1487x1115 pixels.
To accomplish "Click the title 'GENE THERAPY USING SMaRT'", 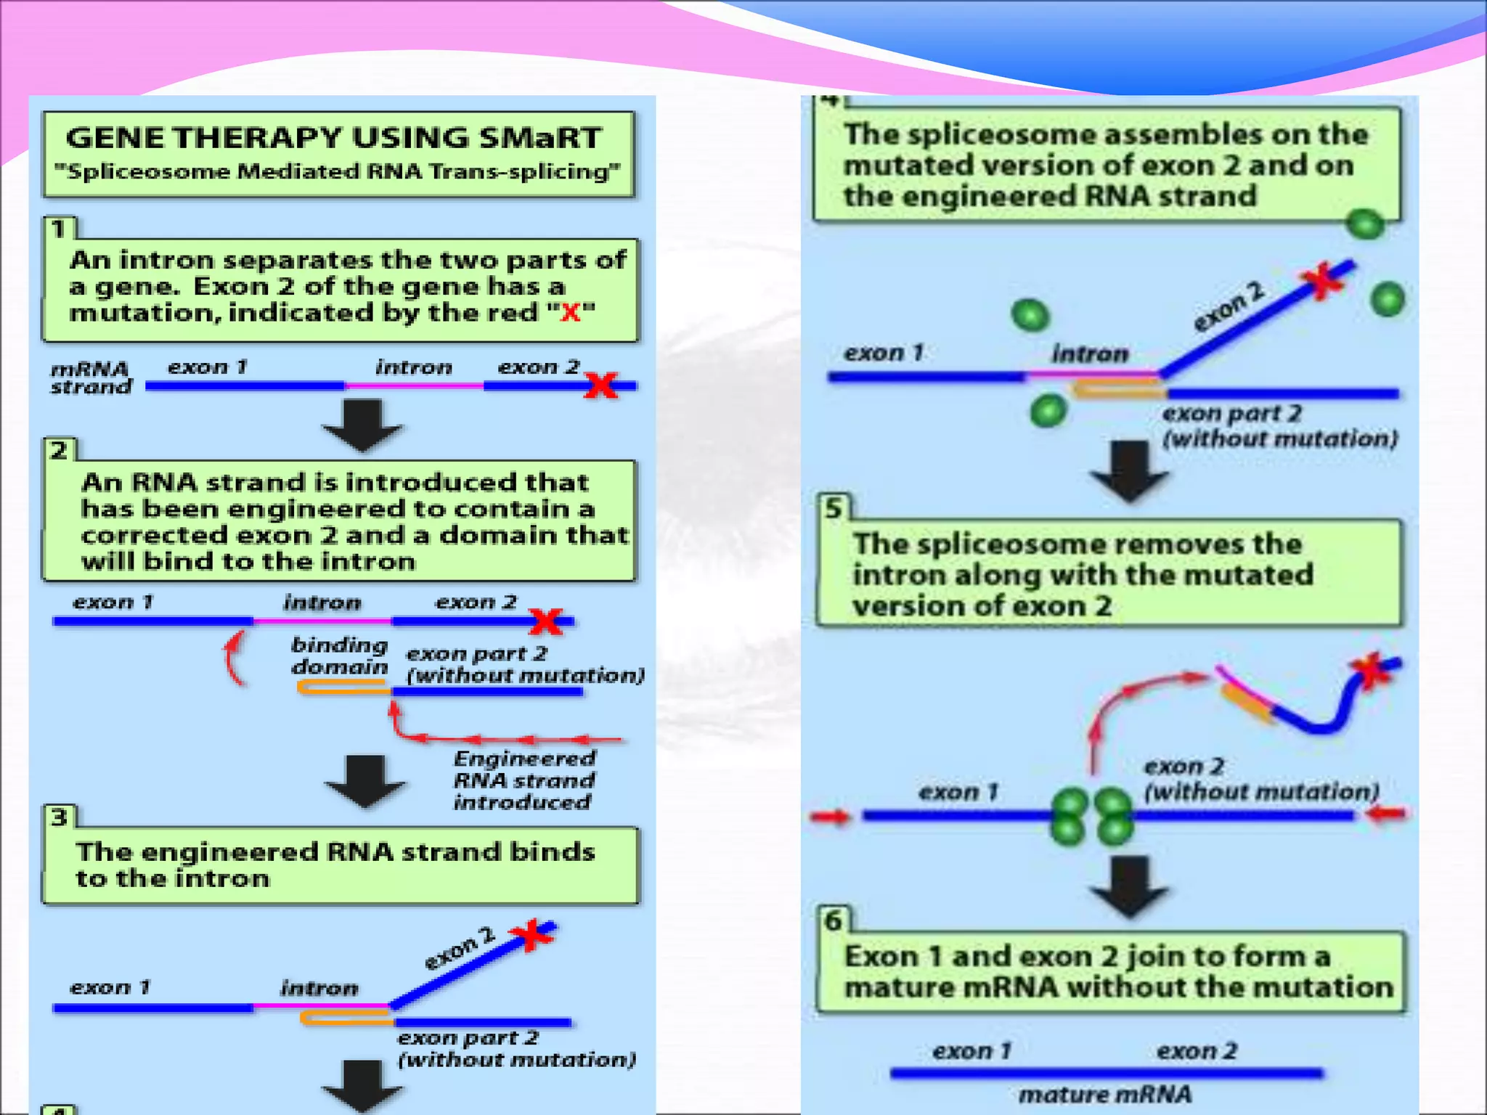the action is [333, 138].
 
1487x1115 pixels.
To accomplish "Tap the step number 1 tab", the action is [59, 229].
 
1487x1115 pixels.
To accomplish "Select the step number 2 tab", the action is [59, 451].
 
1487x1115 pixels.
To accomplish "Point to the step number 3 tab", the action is [59, 817].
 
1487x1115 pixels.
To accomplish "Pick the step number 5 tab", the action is [834, 508].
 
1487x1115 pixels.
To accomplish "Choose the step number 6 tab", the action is [834, 920].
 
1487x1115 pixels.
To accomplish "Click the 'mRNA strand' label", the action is [91, 377].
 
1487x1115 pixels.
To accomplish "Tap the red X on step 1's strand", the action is [601, 385].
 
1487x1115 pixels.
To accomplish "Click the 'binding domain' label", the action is [339, 655].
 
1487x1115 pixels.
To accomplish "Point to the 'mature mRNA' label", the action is [1105, 1094].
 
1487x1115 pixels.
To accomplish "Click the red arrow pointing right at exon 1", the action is [831, 817].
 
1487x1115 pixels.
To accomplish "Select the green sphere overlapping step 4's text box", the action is [1365, 224].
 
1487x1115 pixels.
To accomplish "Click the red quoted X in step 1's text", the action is [571, 313].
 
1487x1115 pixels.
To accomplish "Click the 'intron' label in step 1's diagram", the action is [414, 367].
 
